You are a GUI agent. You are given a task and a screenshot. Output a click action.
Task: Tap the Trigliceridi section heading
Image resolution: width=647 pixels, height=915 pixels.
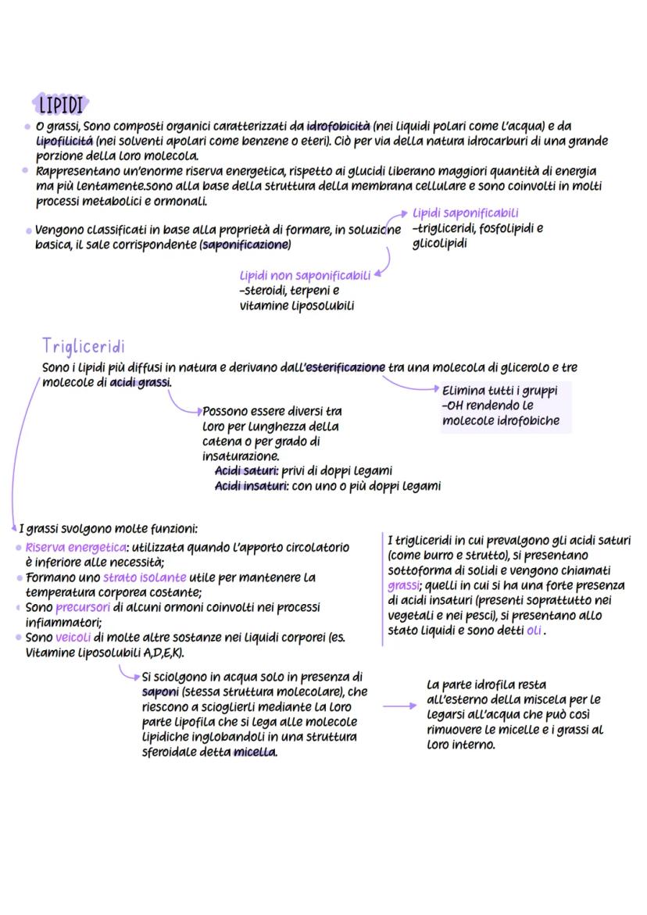(84, 346)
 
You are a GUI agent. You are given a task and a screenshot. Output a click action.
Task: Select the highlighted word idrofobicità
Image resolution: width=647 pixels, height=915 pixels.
(338, 127)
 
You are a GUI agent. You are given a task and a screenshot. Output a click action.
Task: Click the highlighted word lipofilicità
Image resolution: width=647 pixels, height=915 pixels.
(65, 141)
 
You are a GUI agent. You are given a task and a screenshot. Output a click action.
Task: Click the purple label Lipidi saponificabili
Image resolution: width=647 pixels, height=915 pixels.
(466, 213)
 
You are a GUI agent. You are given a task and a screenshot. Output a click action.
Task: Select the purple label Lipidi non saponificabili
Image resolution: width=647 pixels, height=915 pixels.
(305, 276)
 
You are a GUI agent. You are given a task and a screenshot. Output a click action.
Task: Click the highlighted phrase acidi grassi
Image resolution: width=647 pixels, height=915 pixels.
(141, 382)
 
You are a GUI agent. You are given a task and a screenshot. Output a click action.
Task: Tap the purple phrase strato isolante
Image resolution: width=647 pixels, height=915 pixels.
(145, 577)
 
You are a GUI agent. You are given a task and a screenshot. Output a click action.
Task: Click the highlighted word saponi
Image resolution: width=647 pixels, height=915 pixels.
(160, 692)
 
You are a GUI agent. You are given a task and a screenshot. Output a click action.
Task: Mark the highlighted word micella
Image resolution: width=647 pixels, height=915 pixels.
(254, 752)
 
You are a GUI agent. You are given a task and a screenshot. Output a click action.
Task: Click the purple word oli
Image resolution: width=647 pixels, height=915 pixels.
(534, 631)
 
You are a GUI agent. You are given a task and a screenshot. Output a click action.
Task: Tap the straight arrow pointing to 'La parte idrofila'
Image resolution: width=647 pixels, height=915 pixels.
(400, 706)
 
